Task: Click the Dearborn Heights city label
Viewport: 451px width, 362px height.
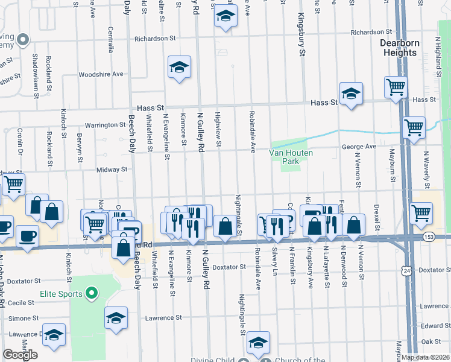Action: (399, 48)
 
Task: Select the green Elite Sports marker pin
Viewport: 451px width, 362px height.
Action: (92, 294)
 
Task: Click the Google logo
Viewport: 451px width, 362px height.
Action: (20, 354)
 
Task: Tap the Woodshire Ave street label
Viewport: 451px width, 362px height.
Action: (101, 74)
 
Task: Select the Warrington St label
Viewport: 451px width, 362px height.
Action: (105, 125)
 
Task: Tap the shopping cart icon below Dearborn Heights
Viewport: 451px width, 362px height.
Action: (396, 87)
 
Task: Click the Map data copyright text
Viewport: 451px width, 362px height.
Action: (425, 357)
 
